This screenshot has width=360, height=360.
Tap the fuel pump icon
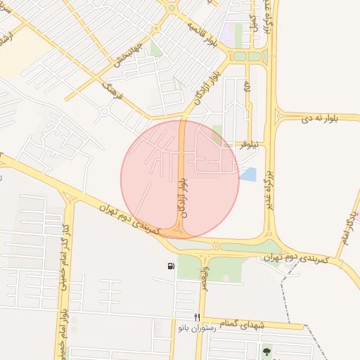[171, 266]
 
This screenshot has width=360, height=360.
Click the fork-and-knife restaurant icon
[198, 317]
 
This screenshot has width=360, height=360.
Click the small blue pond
[247, 174]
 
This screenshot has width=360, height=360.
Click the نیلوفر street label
[248, 143]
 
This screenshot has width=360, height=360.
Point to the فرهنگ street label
[112, 89]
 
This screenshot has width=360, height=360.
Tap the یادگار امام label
[344, 227]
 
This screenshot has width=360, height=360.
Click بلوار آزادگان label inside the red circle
[184, 197]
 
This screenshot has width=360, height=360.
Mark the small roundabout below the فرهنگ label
[105, 110]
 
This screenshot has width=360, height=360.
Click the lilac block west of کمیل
[229, 33]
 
